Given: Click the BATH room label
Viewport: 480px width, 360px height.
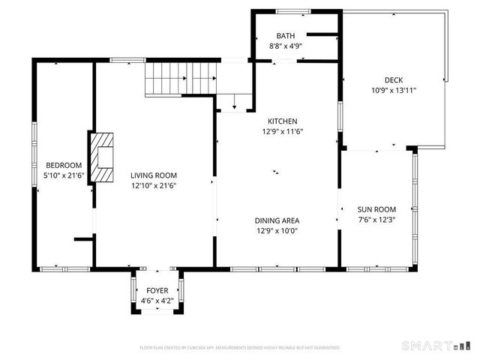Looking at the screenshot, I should (x=286, y=36).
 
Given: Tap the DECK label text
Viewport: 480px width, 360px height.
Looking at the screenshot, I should (x=394, y=80).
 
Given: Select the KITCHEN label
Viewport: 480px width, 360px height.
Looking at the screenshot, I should (x=283, y=121).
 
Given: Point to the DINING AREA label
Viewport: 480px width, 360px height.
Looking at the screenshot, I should (x=277, y=220).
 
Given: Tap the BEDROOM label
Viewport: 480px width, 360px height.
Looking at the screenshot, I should (x=64, y=166).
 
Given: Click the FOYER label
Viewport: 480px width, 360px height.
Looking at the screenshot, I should (x=157, y=290).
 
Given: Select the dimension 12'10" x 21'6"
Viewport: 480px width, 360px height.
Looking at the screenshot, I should (x=154, y=186).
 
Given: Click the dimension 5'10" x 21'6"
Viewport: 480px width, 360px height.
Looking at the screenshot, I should (x=64, y=175).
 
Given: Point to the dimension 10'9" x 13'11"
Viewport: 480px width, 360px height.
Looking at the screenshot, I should (x=394, y=90).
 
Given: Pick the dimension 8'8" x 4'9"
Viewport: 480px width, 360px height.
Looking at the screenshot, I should (x=286, y=46).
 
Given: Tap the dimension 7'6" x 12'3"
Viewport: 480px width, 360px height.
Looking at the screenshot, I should (x=376, y=220).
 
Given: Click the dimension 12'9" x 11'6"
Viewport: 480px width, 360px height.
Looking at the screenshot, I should (x=283, y=131).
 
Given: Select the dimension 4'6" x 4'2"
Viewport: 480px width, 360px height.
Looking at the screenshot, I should (x=157, y=301).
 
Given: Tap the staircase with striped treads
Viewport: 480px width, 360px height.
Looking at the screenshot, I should (x=180, y=77).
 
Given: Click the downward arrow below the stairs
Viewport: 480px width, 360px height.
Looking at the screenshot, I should (x=235, y=102).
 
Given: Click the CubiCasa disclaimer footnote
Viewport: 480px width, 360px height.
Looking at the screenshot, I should (x=240, y=348).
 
